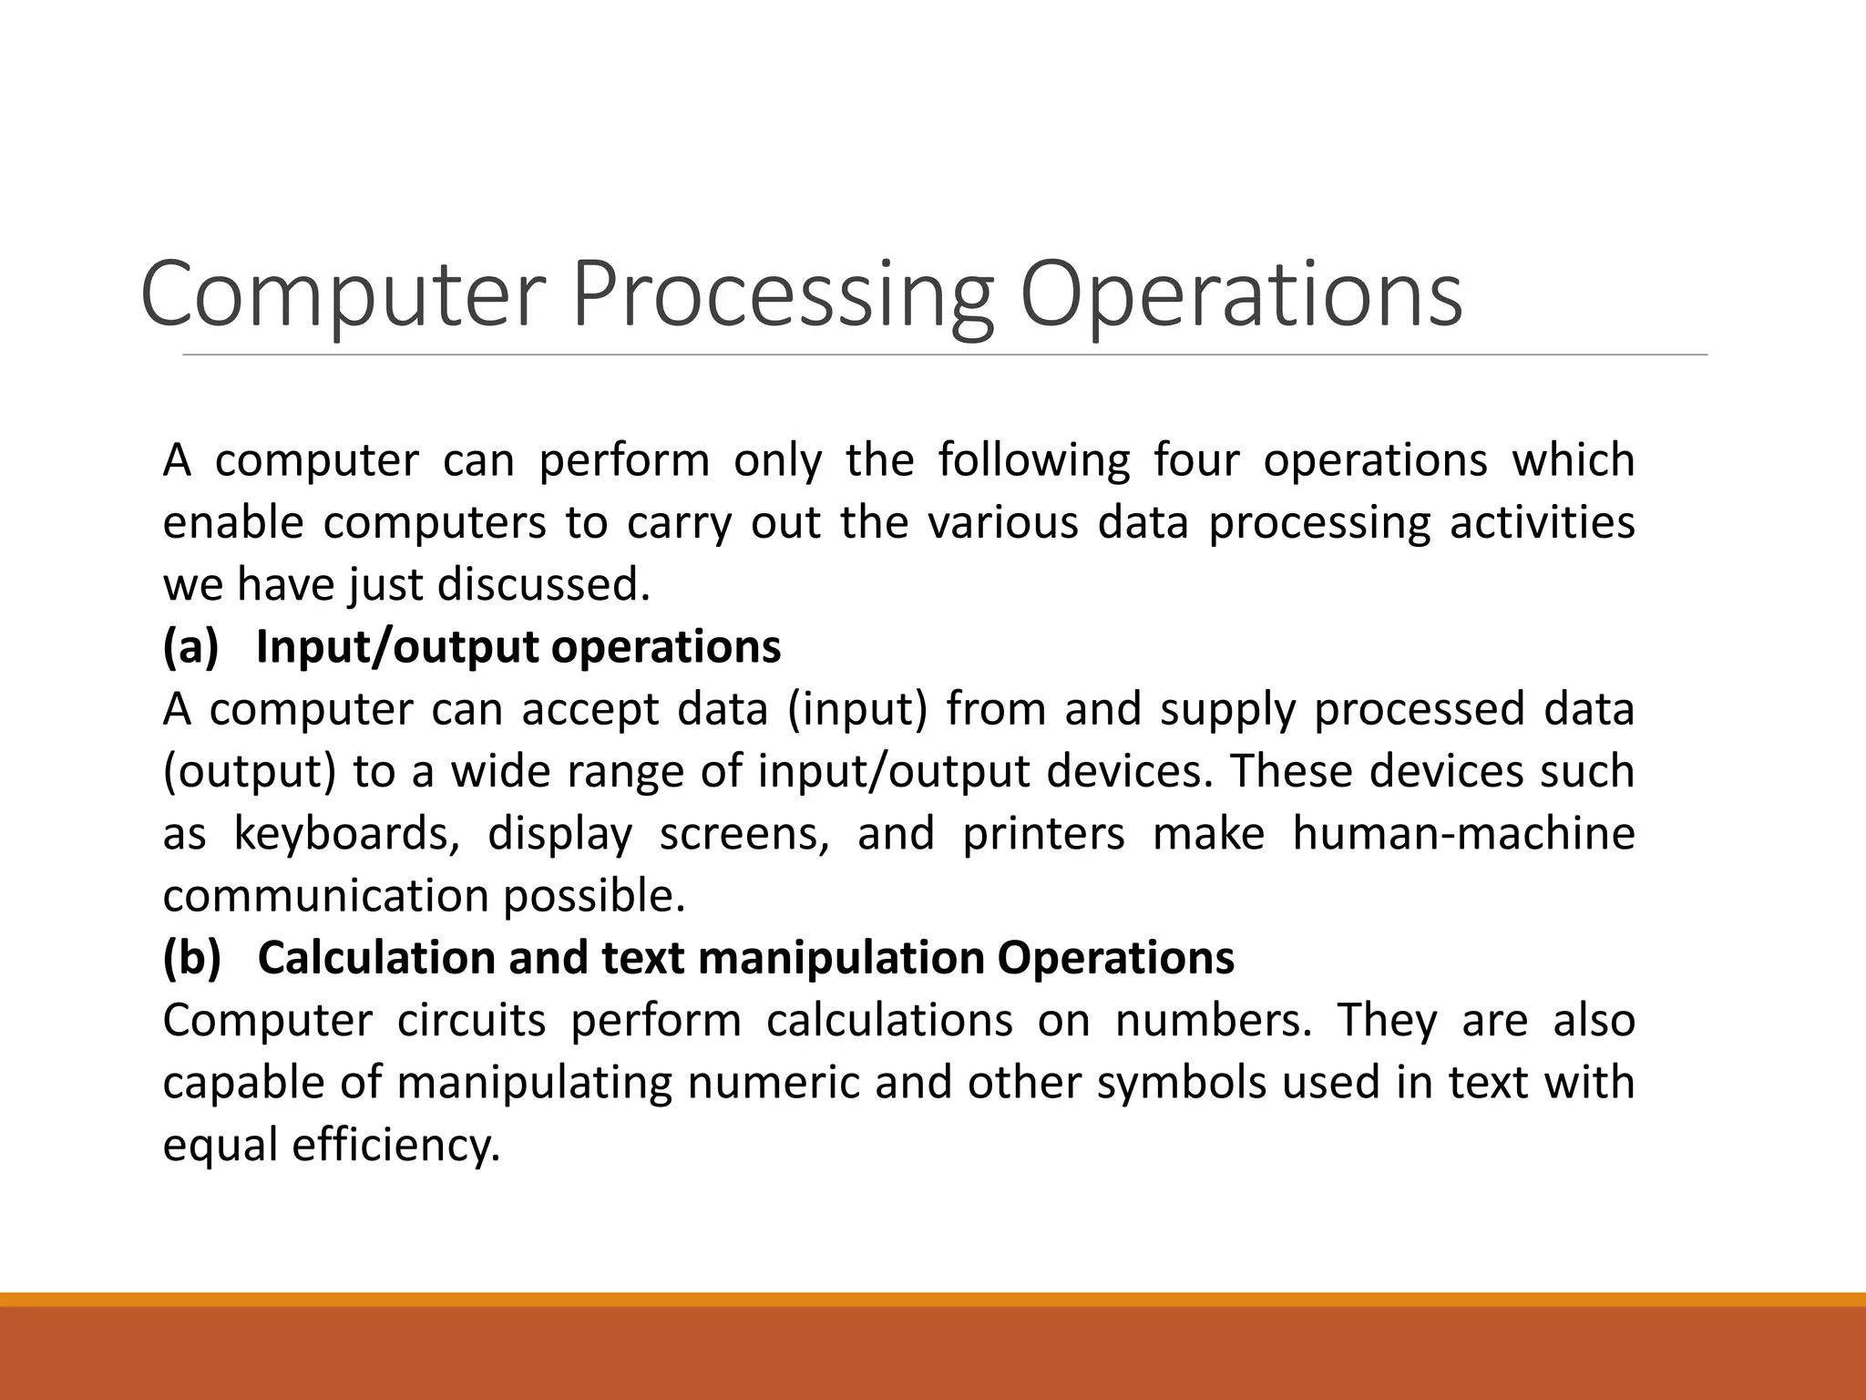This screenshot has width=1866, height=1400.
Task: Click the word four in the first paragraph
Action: pos(1196,460)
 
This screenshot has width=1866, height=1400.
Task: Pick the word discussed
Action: pos(544,584)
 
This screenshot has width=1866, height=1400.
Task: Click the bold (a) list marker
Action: pos(190,647)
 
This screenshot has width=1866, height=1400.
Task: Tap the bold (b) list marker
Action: pos(191,958)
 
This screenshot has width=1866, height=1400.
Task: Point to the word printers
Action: pos(1044,834)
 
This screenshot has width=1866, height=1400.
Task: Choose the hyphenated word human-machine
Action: pos(1463,834)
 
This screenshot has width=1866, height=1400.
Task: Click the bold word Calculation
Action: pos(376,958)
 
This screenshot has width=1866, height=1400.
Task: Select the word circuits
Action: pos(471,1020)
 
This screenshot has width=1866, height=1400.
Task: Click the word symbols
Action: pos(1182,1083)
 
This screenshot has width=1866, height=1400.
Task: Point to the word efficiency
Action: pos(396,1146)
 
